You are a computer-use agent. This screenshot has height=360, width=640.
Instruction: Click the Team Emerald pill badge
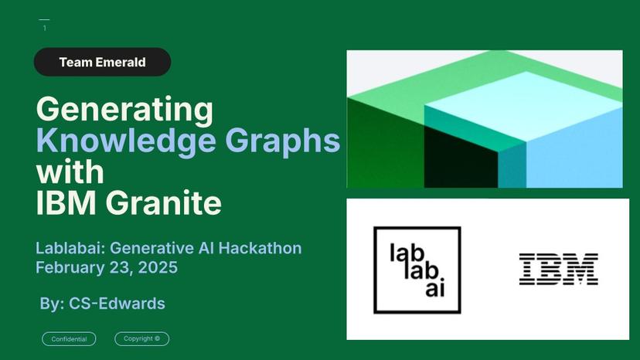click(x=102, y=62)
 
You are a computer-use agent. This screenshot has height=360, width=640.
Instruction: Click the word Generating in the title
click(x=124, y=110)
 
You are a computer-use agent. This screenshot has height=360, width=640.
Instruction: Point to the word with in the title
click(x=70, y=171)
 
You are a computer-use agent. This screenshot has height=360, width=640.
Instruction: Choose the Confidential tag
click(x=69, y=339)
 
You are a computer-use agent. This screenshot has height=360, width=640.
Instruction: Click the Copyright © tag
click(x=141, y=339)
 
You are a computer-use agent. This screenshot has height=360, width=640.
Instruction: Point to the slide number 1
click(x=45, y=29)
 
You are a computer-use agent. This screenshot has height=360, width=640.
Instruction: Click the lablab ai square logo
click(x=417, y=270)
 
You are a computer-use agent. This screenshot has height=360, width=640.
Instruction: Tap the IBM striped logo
click(x=558, y=269)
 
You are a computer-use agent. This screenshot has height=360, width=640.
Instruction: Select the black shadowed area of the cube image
click(x=456, y=162)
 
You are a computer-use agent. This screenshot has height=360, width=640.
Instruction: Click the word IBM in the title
click(x=65, y=202)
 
